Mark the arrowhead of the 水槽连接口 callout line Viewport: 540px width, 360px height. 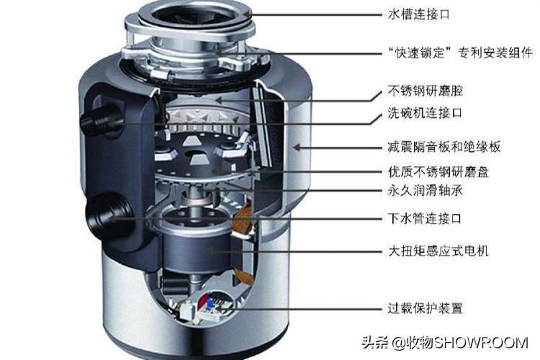tap(248, 14)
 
